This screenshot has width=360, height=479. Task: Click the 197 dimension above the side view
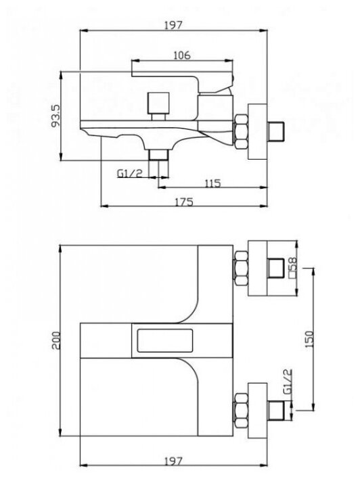(173, 25)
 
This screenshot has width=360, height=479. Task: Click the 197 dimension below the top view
(173, 461)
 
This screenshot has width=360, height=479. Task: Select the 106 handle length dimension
(182, 55)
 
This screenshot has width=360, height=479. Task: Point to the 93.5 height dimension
(55, 116)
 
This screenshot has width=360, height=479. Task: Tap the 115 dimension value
(212, 183)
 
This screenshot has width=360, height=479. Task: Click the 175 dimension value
(184, 202)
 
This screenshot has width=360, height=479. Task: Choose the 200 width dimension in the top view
(56, 340)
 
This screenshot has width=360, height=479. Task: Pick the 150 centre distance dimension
(309, 339)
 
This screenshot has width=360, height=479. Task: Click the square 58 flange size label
(293, 268)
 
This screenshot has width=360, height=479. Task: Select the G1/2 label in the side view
(130, 173)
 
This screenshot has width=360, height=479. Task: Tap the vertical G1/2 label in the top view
(288, 382)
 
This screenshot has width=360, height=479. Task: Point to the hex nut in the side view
(241, 131)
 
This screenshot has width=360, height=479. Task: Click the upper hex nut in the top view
(241, 268)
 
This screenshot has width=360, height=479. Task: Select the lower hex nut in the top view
(241, 410)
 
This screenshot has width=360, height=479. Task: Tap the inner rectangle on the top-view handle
(165, 340)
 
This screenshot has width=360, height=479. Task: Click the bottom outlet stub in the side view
(158, 155)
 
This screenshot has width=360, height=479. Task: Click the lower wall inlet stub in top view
(276, 410)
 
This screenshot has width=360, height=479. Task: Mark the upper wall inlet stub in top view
(276, 268)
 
